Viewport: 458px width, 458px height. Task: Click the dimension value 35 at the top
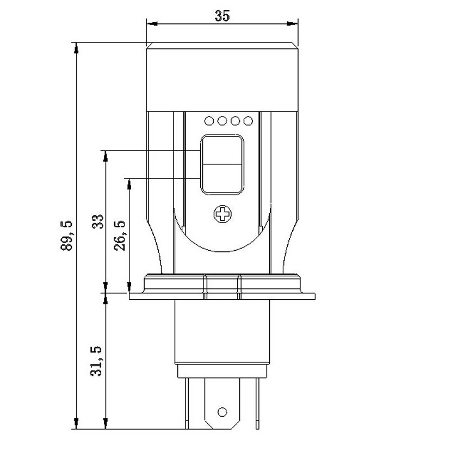click(x=222, y=16)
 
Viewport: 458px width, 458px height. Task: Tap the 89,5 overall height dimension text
click(x=66, y=236)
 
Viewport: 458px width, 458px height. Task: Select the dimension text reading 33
click(x=98, y=221)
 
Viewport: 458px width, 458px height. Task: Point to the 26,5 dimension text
click(x=120, y=235)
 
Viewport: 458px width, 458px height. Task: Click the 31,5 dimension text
click(x=96, y=361)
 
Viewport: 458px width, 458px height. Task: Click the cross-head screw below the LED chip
click(x=222, y=214)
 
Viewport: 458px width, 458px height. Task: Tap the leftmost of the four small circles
click(x=209, y=121)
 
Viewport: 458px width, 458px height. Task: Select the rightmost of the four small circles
click(x=248, y=121)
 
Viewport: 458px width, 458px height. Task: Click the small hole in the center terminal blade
click(x=222, y=412)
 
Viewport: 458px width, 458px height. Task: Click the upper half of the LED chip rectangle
click(x=222, y=151)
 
